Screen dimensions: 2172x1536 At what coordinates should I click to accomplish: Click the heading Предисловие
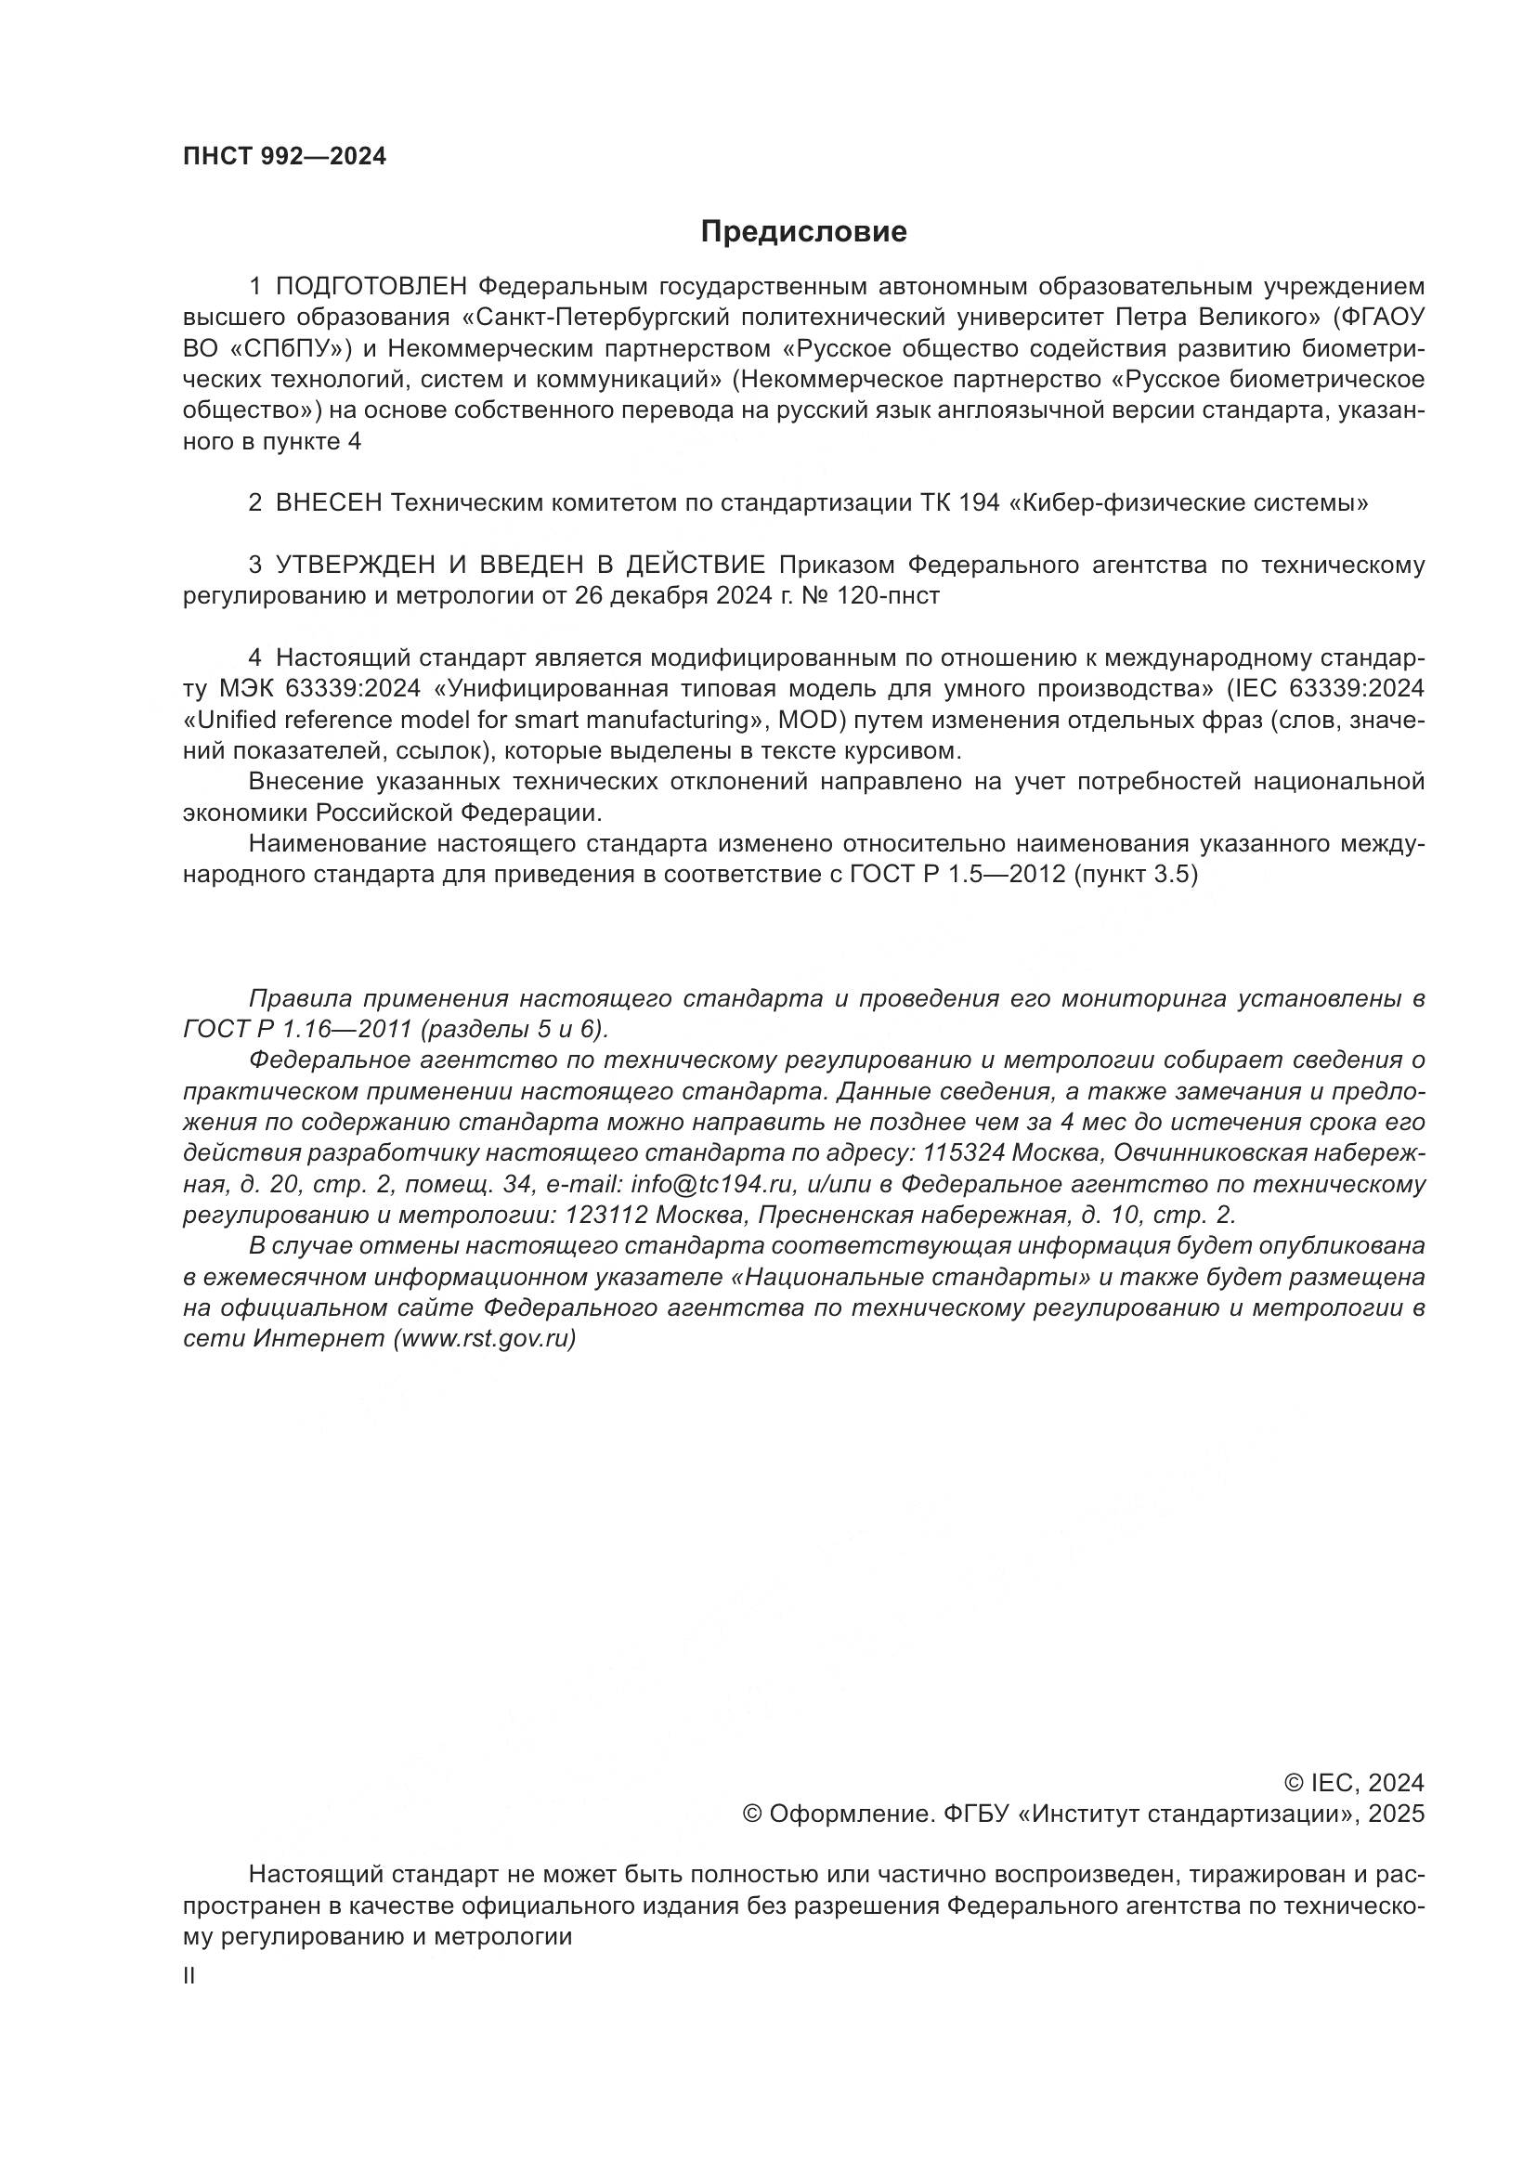[x=803, y=232]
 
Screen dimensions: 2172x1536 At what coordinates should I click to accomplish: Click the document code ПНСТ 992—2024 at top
[x=285, y=157]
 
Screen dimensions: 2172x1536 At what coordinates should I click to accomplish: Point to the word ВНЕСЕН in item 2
[x=328, y=503]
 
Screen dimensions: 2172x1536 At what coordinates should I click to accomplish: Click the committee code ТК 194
[x=960, y=503]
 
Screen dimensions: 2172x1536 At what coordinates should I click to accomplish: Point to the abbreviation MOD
[x=809, y=721]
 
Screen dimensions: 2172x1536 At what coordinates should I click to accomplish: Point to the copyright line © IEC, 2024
[x=1353, y=1783]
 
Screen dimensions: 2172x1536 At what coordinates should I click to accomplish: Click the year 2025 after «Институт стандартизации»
[x=1389, y=1814]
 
